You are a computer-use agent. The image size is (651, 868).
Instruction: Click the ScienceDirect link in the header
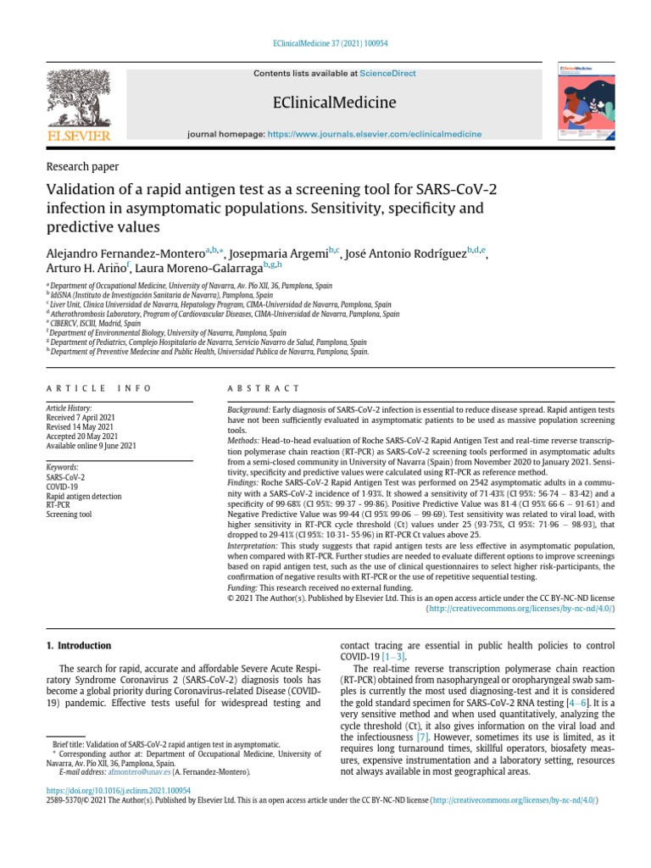click(x=387, y=74)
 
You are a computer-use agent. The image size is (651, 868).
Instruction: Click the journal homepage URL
click(x=374, y=134)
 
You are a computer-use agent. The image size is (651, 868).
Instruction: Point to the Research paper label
click(x=82, y=167)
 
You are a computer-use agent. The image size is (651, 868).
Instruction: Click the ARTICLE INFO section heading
click(x=98, y=388)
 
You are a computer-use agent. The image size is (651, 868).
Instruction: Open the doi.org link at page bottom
click(x=118, y=790)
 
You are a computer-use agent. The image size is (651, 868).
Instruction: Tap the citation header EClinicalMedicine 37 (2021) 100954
click(x=325, y=43)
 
